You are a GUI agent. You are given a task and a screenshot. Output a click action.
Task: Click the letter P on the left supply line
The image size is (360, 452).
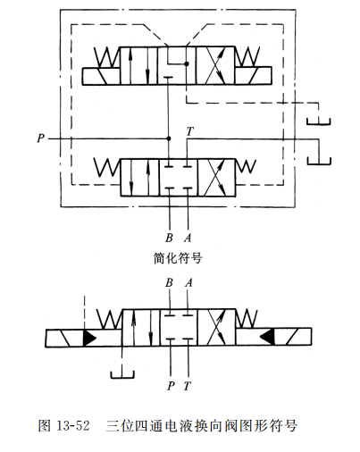coord(41,138)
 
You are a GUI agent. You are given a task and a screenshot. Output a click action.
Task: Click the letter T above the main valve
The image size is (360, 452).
coord(188,131)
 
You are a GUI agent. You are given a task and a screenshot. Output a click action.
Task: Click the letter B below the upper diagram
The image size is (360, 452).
coord(169,238)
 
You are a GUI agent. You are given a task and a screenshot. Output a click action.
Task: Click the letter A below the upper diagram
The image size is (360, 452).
coord(188,238)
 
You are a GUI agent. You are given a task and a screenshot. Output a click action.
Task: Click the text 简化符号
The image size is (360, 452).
coord(178,259)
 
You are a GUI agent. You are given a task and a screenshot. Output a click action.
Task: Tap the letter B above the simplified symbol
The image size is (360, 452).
coord(169,283)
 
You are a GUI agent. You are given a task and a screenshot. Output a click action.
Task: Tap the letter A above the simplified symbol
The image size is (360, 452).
coord(188,283)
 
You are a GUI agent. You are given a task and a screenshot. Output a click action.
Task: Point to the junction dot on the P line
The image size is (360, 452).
coord(170,138)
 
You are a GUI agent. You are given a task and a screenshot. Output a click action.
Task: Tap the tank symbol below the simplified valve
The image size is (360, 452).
coord(121,373)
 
